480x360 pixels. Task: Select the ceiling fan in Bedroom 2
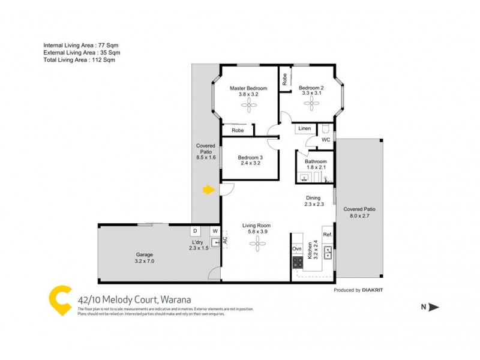coord(311,103)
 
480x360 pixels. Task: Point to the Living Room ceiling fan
coord(257,242)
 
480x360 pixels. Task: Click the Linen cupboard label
coord(304,128)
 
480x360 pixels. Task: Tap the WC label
coord(326,140)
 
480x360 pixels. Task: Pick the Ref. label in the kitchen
coord(327,235)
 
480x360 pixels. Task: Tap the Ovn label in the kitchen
coord(296,248)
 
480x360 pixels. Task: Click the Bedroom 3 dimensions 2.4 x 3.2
coord(250,163)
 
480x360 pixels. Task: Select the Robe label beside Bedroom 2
coord(285,79)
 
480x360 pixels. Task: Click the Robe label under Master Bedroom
coord(238,130)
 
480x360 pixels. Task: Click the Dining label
coord(313,197)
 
